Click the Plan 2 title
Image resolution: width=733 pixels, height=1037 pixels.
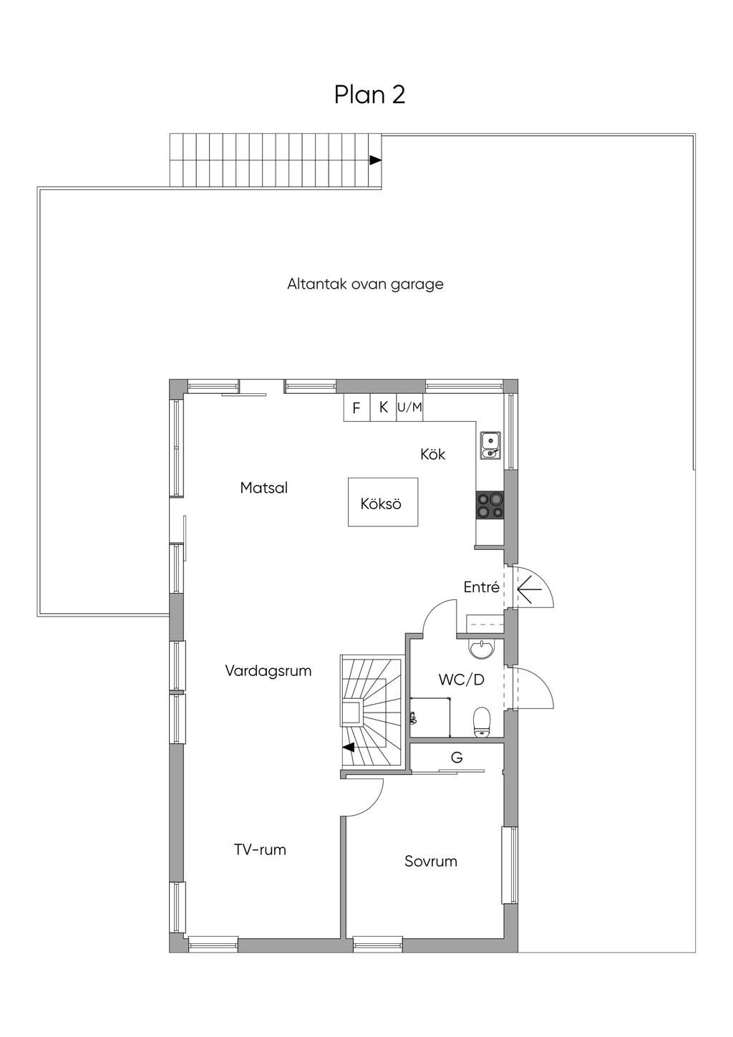[x=369, y=95]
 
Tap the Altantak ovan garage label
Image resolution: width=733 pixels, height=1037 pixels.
[x=365, y=284]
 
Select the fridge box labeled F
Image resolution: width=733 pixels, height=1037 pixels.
[x=356, y=408]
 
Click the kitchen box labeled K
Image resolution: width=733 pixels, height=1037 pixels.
[x=384, y=407]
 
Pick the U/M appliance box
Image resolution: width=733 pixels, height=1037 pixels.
[x=410, y=407]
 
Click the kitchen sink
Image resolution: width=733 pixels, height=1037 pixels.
[x=490, y=445]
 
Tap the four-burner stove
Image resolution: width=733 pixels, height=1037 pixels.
[x=490, y=505]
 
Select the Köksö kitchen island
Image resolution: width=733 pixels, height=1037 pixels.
[x=383, y=503]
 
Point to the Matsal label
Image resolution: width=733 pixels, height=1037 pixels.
[x=264, y=488]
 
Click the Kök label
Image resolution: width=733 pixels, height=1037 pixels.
[x=433, y=454]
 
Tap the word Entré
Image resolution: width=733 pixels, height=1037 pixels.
[x=481, y=587]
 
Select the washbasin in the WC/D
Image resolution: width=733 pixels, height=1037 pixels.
[x=481, y=650]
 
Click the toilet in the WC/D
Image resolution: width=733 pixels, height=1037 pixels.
[x=482, y=720]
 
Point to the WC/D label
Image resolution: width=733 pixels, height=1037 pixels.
[x=461, y=680]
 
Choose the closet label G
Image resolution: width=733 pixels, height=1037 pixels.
[x=457, y=757]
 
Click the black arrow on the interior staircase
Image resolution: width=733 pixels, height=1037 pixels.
[x=349, y=748]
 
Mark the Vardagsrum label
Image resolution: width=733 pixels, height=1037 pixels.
[x=268, y=671]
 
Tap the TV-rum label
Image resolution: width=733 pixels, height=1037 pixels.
[x=260, y=850]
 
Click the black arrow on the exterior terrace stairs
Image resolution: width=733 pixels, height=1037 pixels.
[x=375, y=160]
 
